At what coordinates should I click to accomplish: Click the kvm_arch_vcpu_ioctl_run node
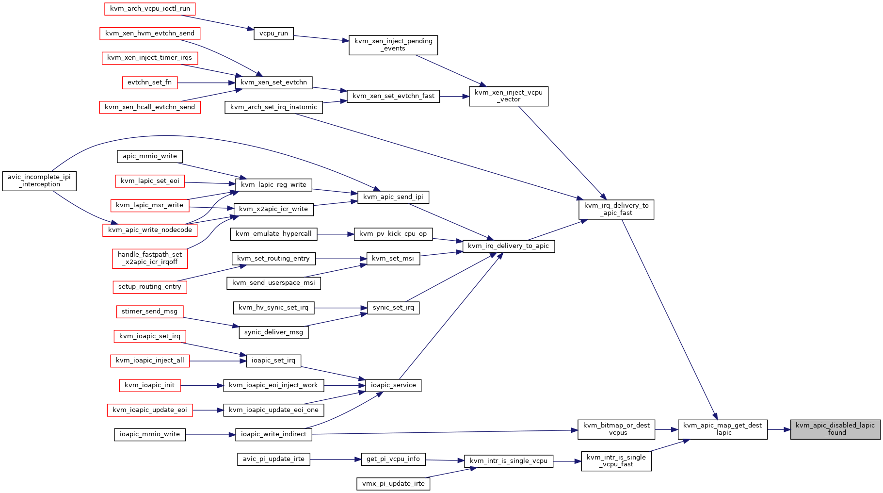point(150,9)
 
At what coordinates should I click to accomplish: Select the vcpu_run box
point(273,33)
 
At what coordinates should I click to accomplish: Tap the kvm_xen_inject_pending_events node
point(393,45)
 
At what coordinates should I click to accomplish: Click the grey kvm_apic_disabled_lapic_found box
point(835,429)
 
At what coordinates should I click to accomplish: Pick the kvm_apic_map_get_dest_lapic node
point(722,429)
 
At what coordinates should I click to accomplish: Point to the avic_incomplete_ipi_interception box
point(39,181)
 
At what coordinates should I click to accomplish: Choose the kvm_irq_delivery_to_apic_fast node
point(616,209)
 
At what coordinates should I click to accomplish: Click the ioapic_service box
point(393,385)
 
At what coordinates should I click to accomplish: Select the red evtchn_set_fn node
point(149,82)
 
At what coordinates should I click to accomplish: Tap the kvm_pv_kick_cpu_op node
point(393,234)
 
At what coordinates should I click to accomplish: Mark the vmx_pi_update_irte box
point(393,484)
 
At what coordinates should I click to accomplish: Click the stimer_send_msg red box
point(150,312)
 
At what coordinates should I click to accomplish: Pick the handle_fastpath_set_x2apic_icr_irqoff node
point(150,258)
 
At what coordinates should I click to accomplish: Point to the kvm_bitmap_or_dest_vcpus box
point(616,429)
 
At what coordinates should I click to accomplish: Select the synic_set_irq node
point(393,308)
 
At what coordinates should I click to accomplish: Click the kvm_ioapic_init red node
point(150,385)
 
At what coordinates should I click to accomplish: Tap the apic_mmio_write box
point(150,156)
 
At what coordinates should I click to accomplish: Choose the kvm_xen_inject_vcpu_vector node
point(509,96)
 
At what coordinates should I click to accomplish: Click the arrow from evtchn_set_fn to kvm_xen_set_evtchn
point(206,83)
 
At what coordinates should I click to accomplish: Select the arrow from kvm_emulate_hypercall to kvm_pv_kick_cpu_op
point(336,234)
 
